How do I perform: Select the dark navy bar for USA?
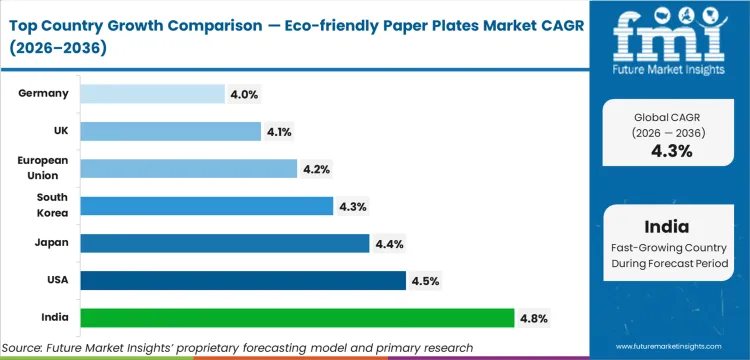tap(243, 281)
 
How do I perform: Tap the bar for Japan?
tap(224, 243)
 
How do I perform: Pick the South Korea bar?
tap(206, 206)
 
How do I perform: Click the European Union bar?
tap(188, 169)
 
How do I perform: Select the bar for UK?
tap(170, 131)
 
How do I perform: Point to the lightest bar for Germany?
tap(152, 94)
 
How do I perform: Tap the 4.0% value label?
tap(245, 94)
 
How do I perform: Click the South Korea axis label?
tap(52, 206)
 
